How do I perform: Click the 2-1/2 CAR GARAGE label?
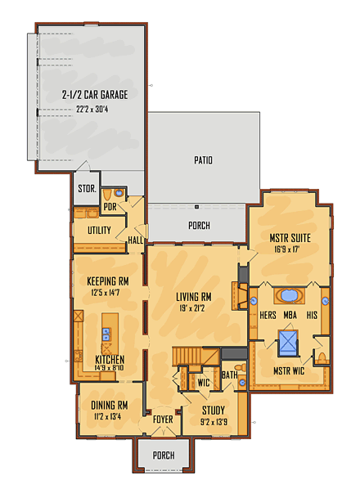pyautogui.click(x=95, y=95)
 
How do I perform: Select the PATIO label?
pyautogui.click(x=204, y=160)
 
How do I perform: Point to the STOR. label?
pyautogui.click(x=86, y=190)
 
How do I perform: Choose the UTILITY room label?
pyautogui.click(x=99, y=231)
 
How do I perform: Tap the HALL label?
pyautogui.click(x=136, y=240)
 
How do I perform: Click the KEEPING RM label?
pyautogui.click(x=107, y=280)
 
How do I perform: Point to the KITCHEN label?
pyautogui.click(x=109, y=359)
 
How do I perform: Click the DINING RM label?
pyautogui.click(x=109, y=405)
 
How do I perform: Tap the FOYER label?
pyautogui.click(x=163, y=419)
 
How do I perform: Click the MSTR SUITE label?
pyautogui.click(x=290, y=239)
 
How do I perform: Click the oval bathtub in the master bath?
pyautogui.click(x=290, y=296)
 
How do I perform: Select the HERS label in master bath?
pyautogui.click(x=266, y=313)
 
